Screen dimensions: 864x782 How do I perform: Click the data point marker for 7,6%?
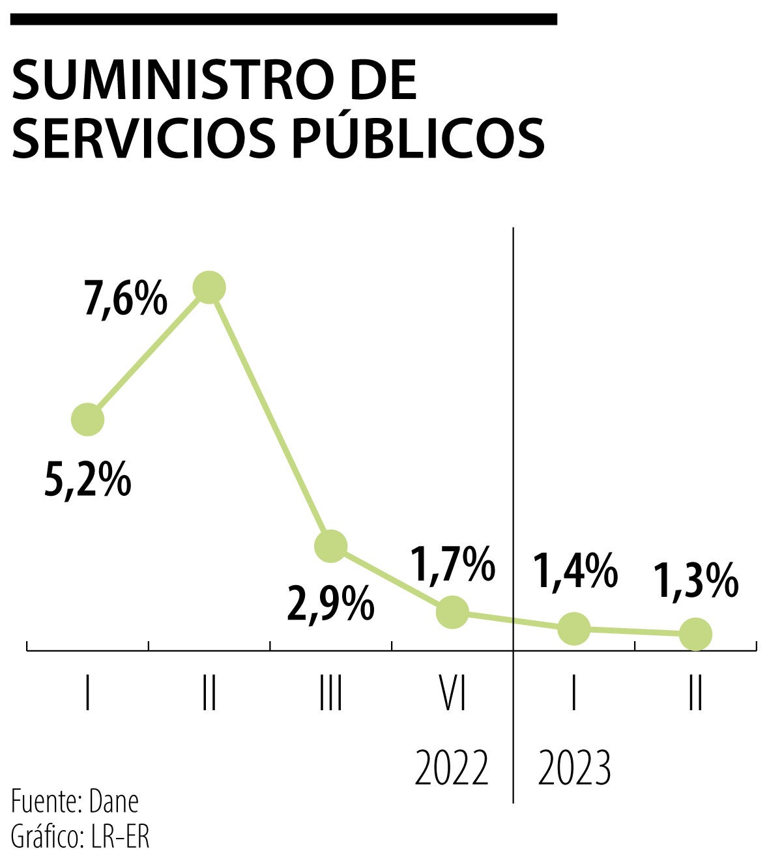[x=209, y=287]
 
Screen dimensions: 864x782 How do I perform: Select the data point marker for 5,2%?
[x=87, y=419]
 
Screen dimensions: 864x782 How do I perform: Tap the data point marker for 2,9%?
[x=330, y=545]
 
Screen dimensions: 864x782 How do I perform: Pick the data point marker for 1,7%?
[x=452, y=612]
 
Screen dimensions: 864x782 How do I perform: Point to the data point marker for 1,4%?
[x=574, y=628]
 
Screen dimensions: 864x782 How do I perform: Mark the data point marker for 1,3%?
[x=695, y=633]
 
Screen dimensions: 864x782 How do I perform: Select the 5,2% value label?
[x=88, y=480]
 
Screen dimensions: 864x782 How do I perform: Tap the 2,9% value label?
[x=331, y=604]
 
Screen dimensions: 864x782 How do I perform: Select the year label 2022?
[x=452, y=768]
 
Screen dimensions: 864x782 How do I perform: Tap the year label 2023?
[x=574, y=768]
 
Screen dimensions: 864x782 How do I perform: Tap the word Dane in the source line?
[x=114, y=802]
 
